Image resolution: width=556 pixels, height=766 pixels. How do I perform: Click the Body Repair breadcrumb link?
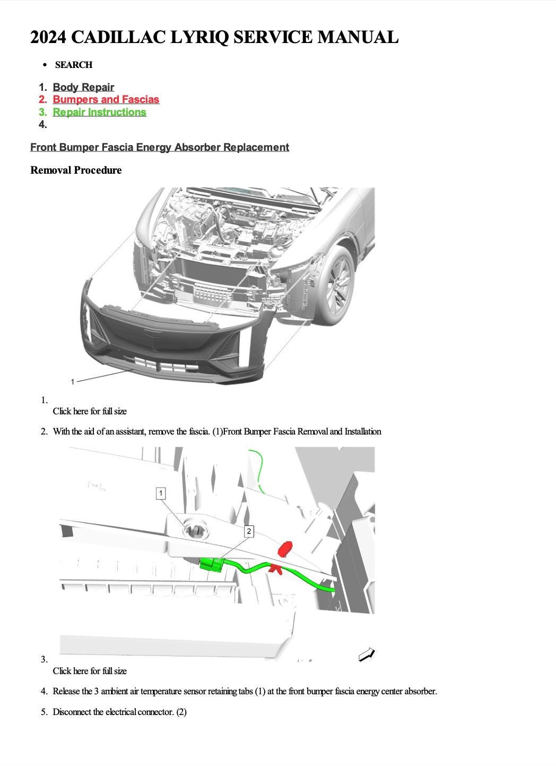tap(83, 87)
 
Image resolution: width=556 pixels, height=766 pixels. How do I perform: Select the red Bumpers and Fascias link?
tap(106, 99)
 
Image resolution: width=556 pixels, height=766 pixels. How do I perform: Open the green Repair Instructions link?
tap(99, 112)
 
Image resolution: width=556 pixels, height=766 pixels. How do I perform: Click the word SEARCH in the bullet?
tap(73, 65)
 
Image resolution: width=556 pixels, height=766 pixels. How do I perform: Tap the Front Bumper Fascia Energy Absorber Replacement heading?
tap(160, 147)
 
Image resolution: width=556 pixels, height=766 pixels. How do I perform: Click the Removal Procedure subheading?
tap(76, 170)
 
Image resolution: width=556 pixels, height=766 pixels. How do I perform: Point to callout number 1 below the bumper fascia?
tap(73, 381)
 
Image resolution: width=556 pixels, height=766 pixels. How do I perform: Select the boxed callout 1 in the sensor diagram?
tap(161, 493)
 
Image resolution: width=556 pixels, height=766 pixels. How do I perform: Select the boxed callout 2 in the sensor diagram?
tap(249, 531)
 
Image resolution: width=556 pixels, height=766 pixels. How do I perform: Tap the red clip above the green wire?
tap(285, 548)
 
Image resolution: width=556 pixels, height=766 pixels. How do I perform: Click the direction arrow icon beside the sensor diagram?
tap(367, 655)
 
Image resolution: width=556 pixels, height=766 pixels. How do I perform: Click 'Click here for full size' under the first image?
tap(90, 411)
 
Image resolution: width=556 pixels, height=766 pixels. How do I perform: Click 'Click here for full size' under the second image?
tap(90, 671)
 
